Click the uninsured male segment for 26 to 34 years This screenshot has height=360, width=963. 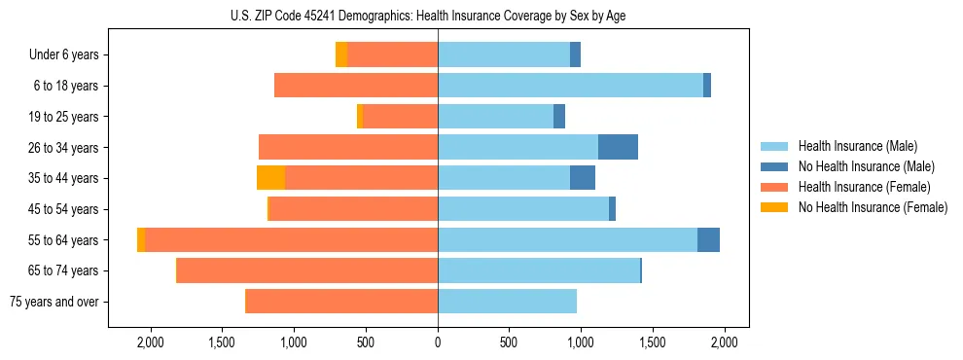tap(618, 147)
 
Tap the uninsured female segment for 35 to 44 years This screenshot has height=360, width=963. tap(270, 178)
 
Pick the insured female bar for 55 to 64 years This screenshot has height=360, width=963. tap(291, 239)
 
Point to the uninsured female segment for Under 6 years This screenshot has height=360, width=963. tap(341, 54)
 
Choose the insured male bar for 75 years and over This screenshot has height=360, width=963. tap(507, 302)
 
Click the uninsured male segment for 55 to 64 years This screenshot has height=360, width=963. tap(708, 239)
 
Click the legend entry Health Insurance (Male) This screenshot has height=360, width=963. tap(857, 146)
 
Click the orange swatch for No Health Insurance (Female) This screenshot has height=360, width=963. tap(774, 207)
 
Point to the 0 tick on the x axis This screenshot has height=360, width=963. tap(438, 342)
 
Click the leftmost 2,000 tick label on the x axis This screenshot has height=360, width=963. tap(151, 342)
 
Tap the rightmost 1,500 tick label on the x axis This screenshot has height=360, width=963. tap(653, 342)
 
